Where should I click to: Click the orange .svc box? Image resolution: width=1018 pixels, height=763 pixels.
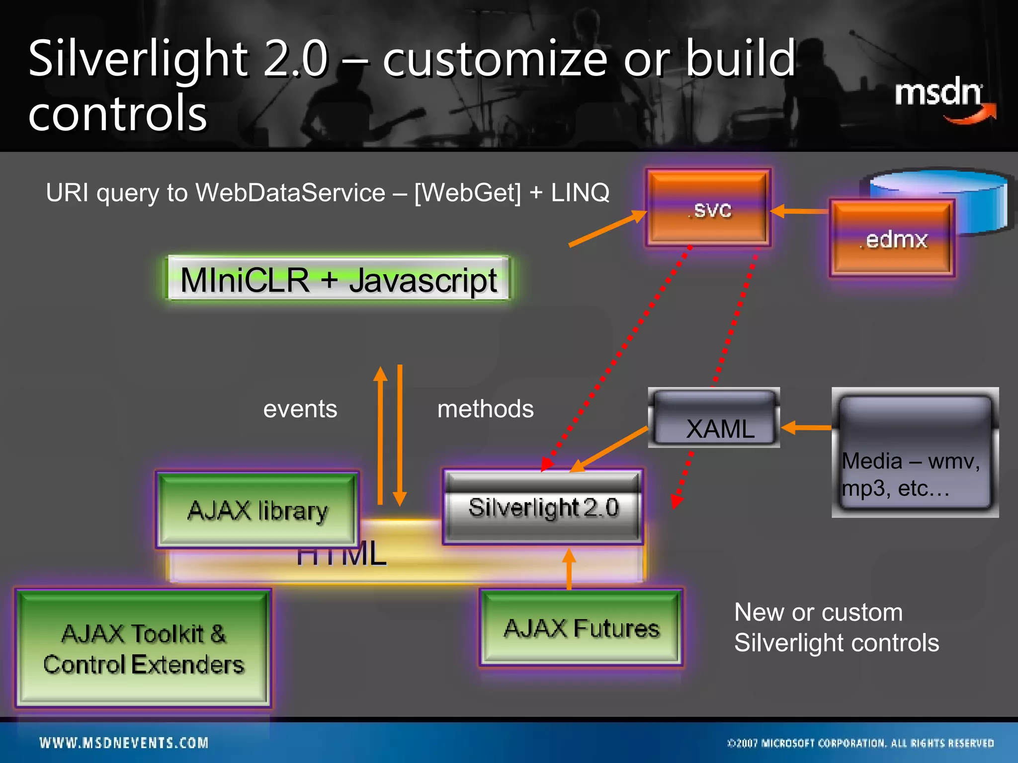click(708, 208)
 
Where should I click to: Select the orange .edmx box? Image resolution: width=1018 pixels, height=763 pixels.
click(892, 238)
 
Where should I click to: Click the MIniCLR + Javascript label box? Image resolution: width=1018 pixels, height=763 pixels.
click(338, 279)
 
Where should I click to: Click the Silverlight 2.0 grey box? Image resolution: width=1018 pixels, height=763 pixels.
click(543, 507)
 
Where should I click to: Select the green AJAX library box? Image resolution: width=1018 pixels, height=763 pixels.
click(257, 510)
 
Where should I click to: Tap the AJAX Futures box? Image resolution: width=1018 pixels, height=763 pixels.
click(581, 628)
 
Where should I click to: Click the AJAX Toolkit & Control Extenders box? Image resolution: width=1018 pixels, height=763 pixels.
click(143, 648)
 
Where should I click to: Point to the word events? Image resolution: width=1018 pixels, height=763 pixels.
click(300, 409)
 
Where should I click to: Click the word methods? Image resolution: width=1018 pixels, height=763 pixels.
click(485, 409)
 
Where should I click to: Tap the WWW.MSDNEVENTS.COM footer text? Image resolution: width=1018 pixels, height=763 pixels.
click(124, 743)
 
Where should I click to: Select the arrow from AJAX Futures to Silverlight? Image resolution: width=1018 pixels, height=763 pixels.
click(569, 569)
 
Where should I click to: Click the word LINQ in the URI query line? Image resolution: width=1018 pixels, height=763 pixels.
click(580, 192)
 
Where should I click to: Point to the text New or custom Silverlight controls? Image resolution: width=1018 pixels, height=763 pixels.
click(836, 627)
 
